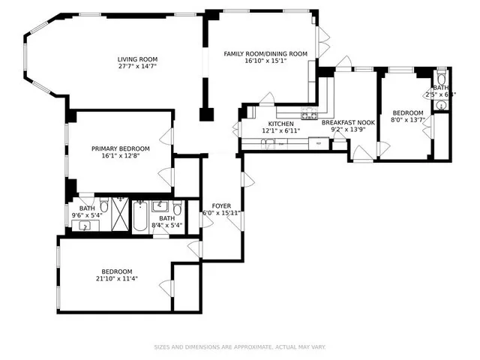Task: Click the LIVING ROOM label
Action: pos(136,59)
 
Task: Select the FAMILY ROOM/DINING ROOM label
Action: pos(265,53)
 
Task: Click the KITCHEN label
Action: pos(281,124)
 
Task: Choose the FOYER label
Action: pos(221,205)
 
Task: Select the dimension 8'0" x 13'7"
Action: pos(407,120)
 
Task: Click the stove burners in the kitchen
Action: pos(309,115)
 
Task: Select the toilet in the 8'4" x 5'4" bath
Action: pos(177,208)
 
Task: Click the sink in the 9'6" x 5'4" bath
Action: pos(85,223)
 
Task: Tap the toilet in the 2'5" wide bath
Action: pos(441,78)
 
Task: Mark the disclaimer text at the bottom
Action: pos(239,346)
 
